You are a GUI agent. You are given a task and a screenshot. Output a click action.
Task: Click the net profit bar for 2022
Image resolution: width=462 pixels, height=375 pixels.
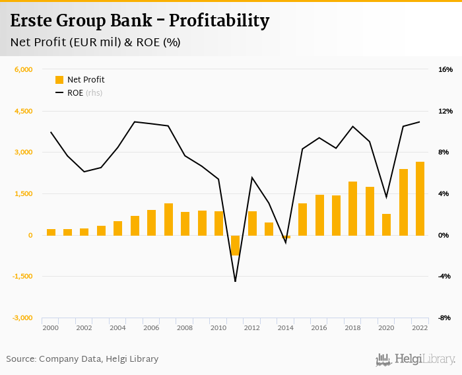(x=420, y=198)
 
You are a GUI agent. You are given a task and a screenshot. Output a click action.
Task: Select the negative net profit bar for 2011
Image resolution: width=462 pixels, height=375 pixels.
(x=235, y=245)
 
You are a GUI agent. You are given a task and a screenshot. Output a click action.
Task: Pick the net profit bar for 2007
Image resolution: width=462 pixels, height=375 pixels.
(x=168, y=219)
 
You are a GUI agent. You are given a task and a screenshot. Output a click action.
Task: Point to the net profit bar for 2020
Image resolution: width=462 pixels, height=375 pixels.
(x=386, y=224)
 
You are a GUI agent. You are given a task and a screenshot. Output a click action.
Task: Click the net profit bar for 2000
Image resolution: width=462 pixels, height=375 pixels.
(x=51, y=232)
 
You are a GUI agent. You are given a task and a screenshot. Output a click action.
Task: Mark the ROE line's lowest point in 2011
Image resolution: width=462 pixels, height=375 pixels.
(x=235, y=281)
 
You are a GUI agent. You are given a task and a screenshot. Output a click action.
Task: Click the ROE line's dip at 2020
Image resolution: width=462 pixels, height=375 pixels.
(x=386, y=197)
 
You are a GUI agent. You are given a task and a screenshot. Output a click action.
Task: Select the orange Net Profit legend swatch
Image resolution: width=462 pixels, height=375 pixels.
(x=59, y=80)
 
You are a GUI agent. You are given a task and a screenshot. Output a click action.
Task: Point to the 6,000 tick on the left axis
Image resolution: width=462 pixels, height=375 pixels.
(x=23, y=70)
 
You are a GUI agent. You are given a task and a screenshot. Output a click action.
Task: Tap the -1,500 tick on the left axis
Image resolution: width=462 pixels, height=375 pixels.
(x=22, y=277)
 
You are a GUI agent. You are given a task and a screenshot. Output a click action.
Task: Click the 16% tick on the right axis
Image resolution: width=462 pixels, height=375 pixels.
(x=445, y=70)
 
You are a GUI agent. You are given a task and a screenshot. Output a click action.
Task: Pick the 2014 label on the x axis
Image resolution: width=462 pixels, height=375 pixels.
(x=286, y=327)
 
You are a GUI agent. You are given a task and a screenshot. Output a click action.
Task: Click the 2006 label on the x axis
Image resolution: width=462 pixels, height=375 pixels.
(x=151, y=327)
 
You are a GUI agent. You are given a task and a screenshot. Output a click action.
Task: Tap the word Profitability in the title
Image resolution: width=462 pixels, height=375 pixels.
(x=219, y=21)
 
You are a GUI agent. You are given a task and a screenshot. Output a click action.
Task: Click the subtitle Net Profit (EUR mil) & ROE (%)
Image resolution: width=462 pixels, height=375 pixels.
(x=95, y=42)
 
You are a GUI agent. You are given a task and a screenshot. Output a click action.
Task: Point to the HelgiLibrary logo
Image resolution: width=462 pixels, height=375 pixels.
(x=416, y=359)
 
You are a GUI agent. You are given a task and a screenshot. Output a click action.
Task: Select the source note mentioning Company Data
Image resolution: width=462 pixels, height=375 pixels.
(x=82, y=359)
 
